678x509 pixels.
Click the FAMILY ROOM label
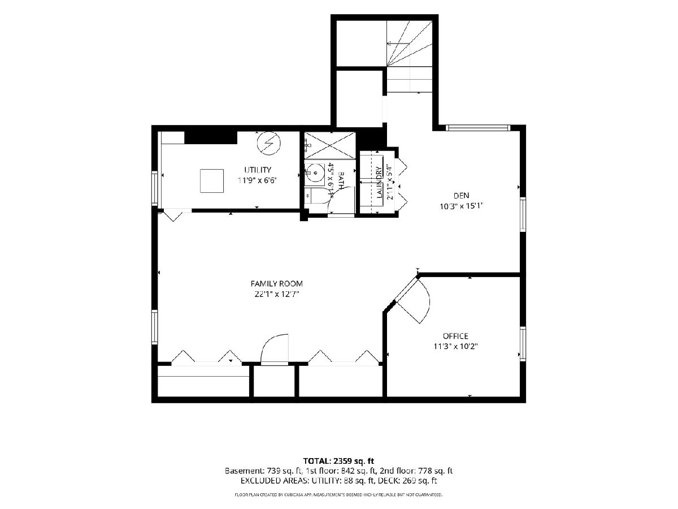coord(276,283)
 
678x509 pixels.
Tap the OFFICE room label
coord(455,335)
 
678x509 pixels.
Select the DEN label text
coord(461,195)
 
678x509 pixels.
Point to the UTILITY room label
coord(258,170)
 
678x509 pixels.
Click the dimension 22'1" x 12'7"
coord(277,294)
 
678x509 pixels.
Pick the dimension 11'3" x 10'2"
coord(455,347)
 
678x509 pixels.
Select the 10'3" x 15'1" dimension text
coord(462,206)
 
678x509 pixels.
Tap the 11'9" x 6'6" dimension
coord(258,180)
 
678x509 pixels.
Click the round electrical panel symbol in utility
coord(269,144)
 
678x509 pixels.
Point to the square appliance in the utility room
coord(211,181)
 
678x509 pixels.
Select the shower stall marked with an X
coord(330,145)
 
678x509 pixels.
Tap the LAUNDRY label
coord(379,182)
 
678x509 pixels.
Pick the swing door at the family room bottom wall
coord(275,349)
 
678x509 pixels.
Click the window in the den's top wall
coord(477,128)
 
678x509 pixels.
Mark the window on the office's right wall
coord(523,344)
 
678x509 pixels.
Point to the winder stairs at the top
coord(410,44)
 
